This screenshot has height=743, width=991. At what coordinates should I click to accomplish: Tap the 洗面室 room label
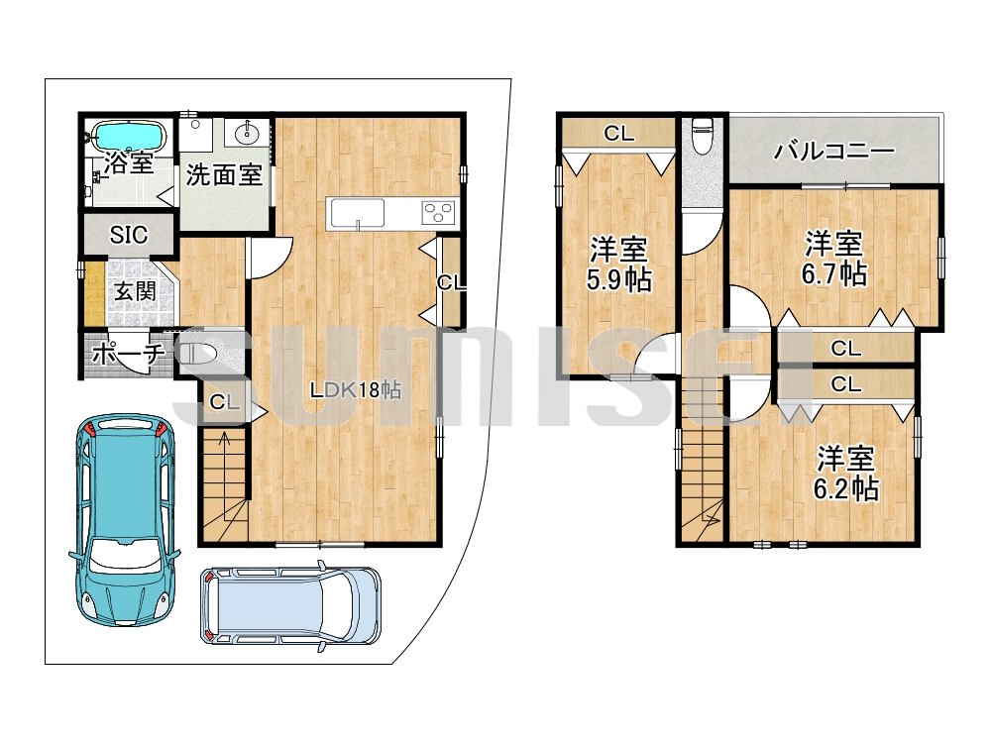coord(224,175)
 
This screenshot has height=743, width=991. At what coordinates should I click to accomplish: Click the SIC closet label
coord(129,235)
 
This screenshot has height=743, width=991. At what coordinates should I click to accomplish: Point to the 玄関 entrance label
coord(132,291)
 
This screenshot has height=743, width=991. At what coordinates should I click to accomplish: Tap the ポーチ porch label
coord(125,354)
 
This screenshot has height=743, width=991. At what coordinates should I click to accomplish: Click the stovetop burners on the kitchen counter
coord(437,212)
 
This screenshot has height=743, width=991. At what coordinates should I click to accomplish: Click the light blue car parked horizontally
coord(290,604)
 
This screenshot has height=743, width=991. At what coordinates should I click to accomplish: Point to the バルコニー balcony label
coord(834,152)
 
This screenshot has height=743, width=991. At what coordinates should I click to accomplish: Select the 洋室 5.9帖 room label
coord(618,263)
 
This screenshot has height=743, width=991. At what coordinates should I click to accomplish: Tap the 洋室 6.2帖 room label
coord(846,473)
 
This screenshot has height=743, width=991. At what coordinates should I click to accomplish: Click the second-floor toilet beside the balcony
coord(703,136)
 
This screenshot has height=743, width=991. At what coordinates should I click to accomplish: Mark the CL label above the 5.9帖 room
coord(618,134)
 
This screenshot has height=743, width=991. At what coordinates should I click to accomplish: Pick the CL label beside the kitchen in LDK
coord(451,283)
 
